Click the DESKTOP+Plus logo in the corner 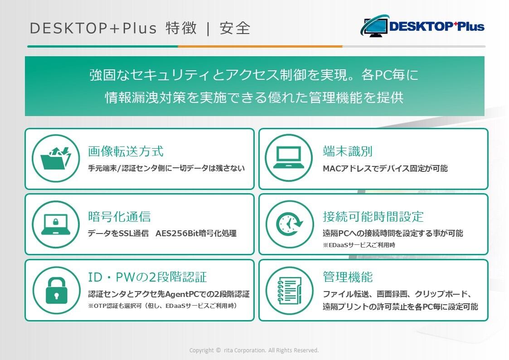coord(422,26)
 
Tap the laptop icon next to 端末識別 coord(289,158)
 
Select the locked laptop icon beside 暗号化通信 coord(56,224)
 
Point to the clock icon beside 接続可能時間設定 coord(289,224)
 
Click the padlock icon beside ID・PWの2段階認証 coord(57,291)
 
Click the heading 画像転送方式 coord(126,151)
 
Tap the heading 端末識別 coord(347,151)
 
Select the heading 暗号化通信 coord(119,217)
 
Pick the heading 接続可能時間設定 coord(373,217)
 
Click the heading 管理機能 coord(347,277)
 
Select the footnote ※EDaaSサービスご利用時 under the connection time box coord(359,245)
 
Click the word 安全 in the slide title coord(235,28)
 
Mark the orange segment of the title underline coord(260,46)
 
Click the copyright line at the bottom coord(254,350)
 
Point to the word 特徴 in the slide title coord(181,28)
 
